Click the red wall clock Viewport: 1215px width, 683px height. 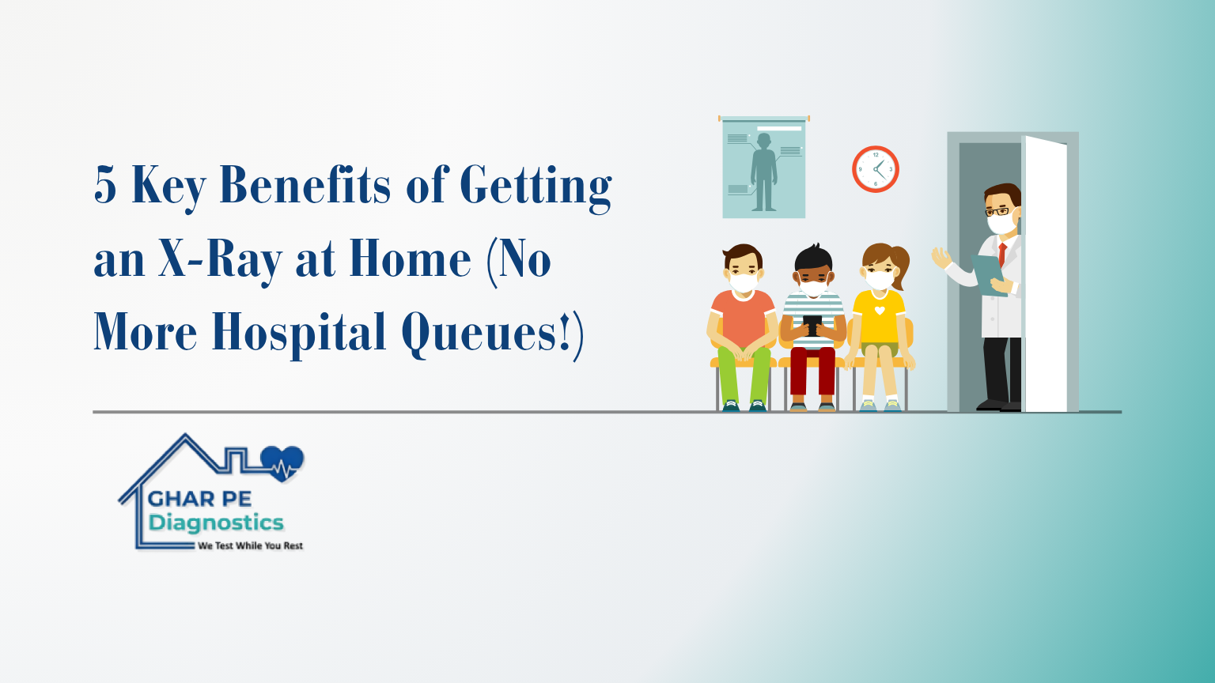[x=876, y=169]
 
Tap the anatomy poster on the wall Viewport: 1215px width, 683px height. [x=763, y=168]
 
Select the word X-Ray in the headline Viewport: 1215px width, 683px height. [x=221, y=259]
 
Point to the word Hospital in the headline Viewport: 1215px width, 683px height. [x=299, y=333]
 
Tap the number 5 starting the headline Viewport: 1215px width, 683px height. [x=105, y=185]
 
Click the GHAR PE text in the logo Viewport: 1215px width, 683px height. [x=199, y=499]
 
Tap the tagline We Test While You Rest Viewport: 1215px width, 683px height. [x=250, y=546]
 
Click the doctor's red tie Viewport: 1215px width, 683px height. [x=1002, y=255]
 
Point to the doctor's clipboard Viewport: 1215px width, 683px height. [x=990, y=274]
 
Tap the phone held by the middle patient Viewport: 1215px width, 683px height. [x=812, y=325]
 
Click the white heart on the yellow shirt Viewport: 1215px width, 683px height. [x=880, y=311]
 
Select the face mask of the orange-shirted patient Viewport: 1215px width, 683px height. [x=743, y=283]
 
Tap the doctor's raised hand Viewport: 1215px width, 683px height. [x=941, y=258]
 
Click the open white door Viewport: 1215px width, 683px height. [x=1044, y=274]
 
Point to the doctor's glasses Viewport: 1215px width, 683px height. [x=998, y=211]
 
